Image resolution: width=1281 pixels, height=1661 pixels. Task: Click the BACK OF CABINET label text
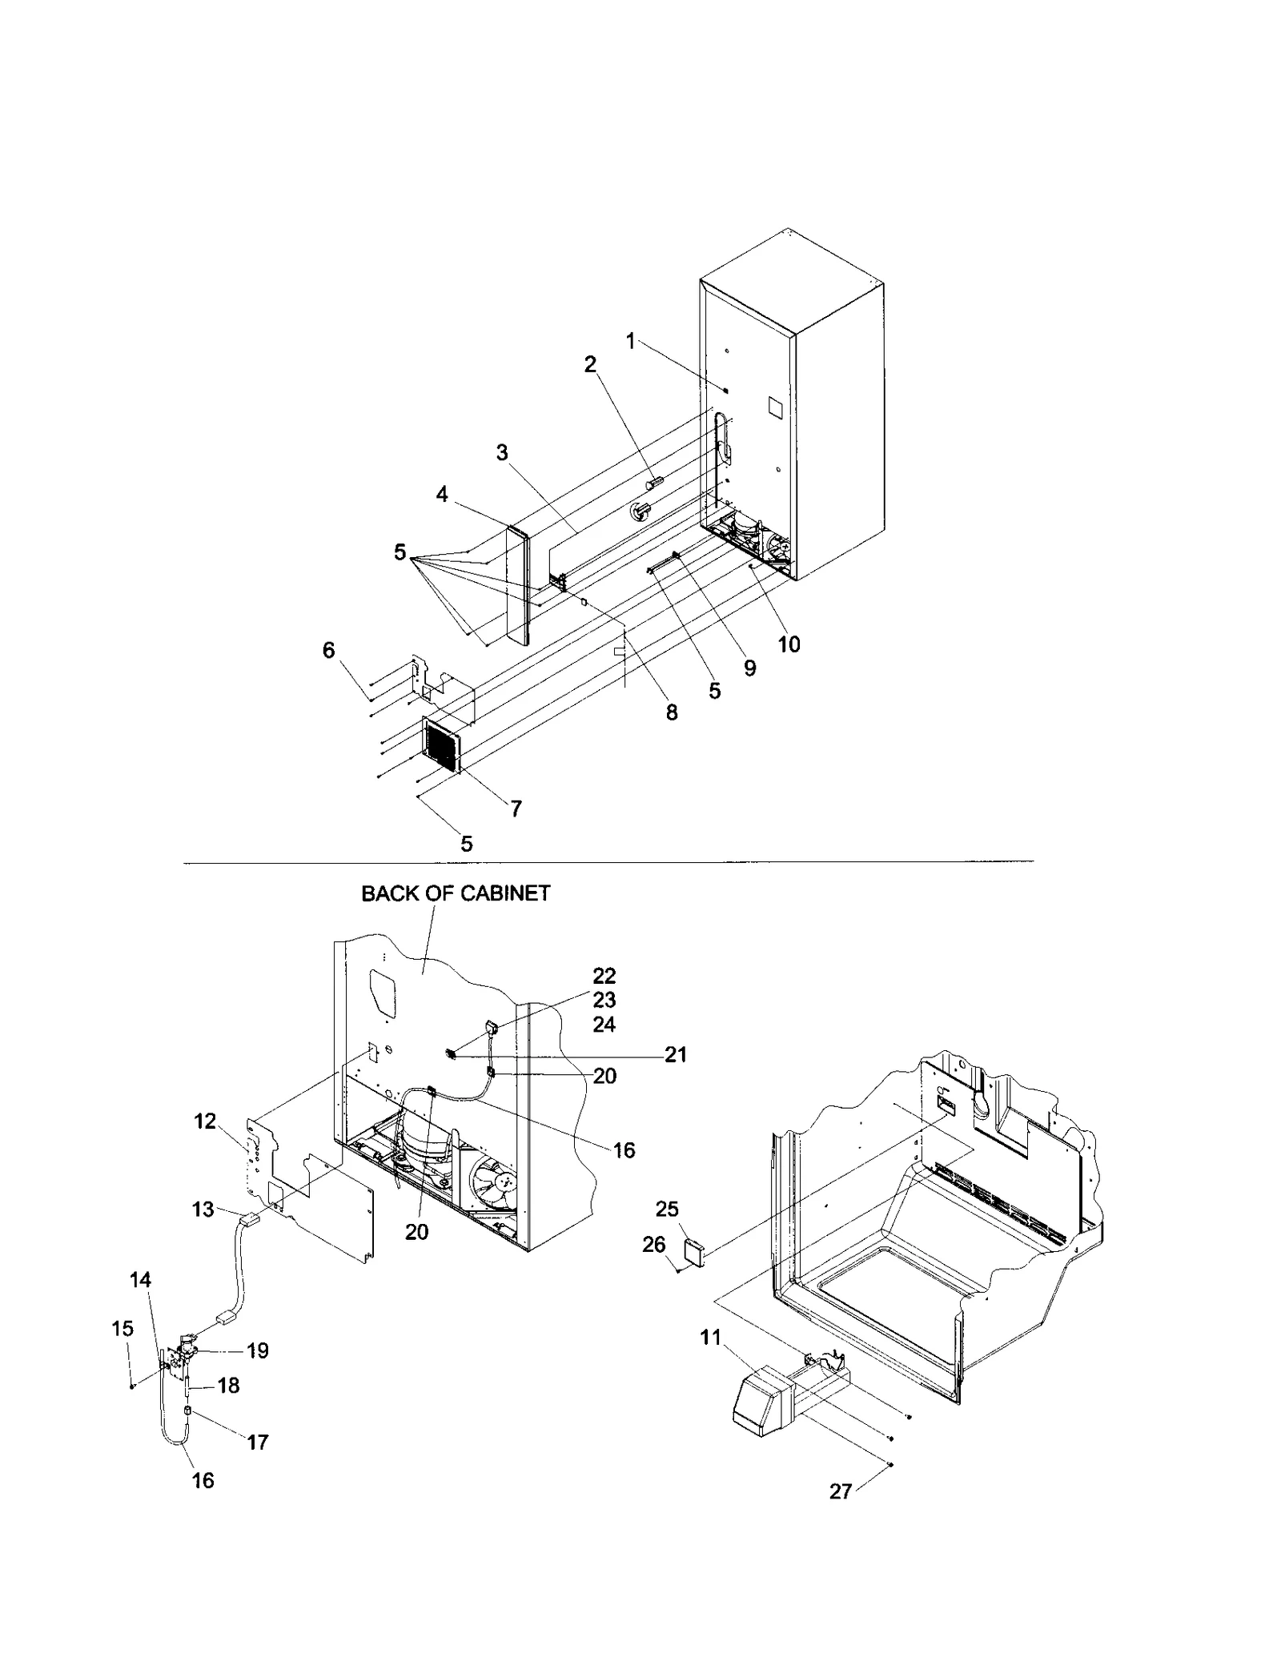coord(456,893)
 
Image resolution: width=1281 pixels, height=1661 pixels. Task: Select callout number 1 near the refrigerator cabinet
coord(630,342)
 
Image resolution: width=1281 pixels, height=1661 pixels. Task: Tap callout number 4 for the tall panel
coord(442,495)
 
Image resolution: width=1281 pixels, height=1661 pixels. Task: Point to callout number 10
coord(789,644)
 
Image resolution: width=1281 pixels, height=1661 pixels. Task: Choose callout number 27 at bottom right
coord(840,1491)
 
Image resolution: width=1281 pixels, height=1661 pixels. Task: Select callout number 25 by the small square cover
coord(667,1209)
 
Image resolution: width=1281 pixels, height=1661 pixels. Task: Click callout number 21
coord(676,1055)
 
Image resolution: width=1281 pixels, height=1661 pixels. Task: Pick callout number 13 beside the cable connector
coord(203,1209)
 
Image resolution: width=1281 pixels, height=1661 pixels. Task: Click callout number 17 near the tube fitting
coord(258,1442)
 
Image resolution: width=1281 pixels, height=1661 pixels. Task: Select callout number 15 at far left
coord(122,1329)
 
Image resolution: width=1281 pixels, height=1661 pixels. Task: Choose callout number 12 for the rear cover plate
coord(205,1121)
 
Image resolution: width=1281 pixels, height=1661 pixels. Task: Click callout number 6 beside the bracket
coord(328,650)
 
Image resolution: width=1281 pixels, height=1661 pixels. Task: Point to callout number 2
coord(590,365)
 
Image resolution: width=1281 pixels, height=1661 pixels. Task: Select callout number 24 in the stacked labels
coord(604,1025)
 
